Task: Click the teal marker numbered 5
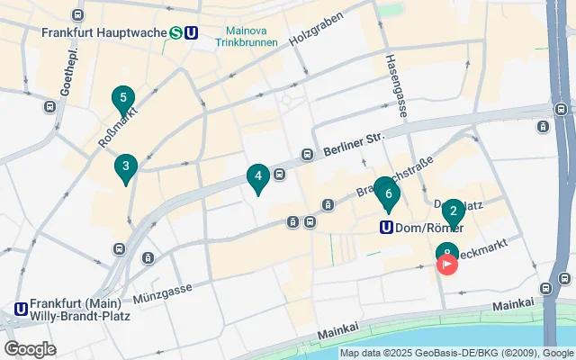pyautogui.click(x=123, y=98)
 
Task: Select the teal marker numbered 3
pyautogui.click(x=126, y=166)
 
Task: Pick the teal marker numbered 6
pyautogui.click(x=388, y=193)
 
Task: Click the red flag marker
pyautogui.click(x=447, y=265)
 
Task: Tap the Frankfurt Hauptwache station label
pyautogui.click(x=103, y=33)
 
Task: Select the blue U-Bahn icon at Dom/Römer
pyautogui.click(x=386, y=228)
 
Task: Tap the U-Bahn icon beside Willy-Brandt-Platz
pyautogui.click(x=20, y=310)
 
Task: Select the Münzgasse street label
pyautogui.click(x=163, y=290)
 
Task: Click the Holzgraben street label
pyautogui.click(x=317, y=31)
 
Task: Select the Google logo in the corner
pyautogui.click(x=30, y=349)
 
